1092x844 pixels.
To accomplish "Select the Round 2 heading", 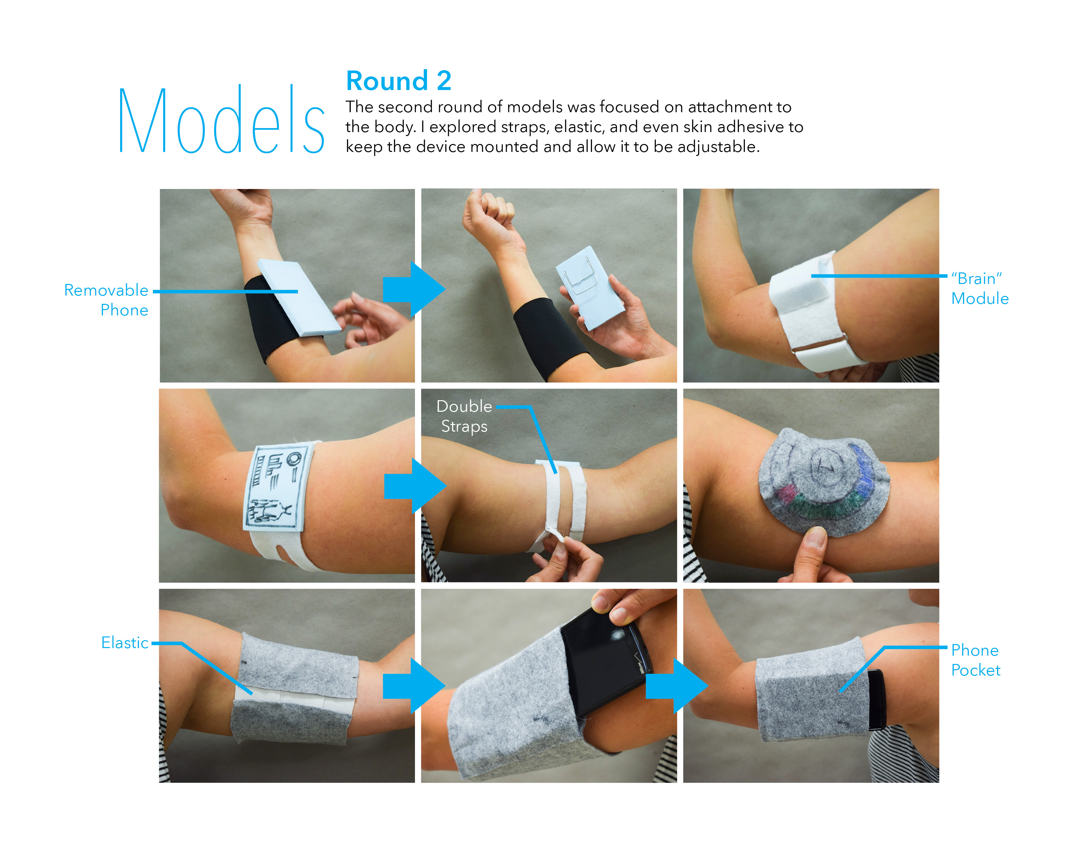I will (x=398, y=81).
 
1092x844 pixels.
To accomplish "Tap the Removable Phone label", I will (x=107, y=300).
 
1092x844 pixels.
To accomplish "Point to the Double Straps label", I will (x=464, y=416).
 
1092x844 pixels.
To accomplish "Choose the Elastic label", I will (x=124, y=642).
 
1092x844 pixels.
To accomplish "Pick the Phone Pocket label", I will (x=975, y=660).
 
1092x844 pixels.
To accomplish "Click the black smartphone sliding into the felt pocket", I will (x=605, y=660).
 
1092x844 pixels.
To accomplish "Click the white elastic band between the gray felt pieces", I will (x=295, y=696).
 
